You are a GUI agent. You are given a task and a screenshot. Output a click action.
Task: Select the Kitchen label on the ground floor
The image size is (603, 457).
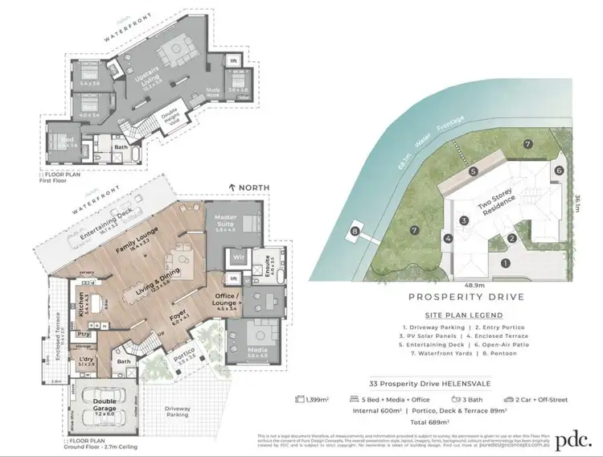tap(80, 300)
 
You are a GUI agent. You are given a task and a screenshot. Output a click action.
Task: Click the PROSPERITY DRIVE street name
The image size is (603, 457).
tap(466, 297)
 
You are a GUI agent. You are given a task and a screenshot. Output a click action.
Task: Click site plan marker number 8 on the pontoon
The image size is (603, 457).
tap(355, 234)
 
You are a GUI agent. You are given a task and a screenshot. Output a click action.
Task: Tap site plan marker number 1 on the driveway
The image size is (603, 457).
tap(506, 263)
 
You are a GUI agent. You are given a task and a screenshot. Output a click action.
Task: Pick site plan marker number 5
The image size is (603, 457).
tap(474, 171)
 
